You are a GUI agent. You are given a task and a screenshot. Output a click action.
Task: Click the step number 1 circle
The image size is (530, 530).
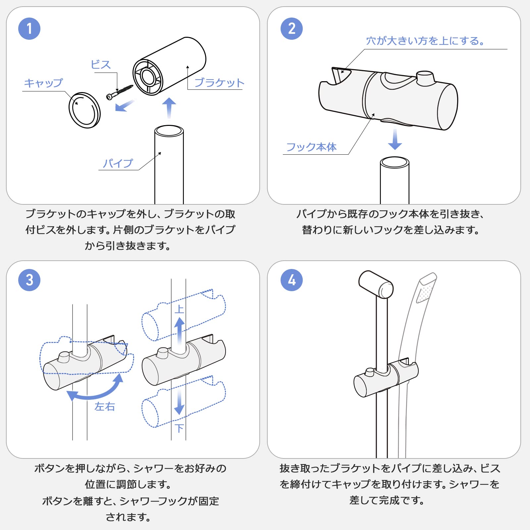29,29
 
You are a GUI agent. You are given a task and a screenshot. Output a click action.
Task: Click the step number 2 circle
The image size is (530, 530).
291,29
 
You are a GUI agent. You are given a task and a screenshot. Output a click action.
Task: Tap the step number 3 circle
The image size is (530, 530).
29,280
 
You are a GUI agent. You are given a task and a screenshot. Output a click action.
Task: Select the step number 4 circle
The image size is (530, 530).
291,280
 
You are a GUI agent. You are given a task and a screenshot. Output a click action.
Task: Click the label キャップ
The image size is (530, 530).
43,83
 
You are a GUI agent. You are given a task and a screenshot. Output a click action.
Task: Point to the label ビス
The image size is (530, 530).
101,65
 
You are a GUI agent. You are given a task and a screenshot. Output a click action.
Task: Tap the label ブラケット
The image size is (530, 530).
219,82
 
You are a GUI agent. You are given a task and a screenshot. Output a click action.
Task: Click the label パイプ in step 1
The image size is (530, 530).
118,163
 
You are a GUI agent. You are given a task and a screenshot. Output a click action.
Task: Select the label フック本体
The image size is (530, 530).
311,147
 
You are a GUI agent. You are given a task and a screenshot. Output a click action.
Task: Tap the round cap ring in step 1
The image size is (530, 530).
84,110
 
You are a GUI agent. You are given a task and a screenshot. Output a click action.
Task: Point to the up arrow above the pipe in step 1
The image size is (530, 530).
169,108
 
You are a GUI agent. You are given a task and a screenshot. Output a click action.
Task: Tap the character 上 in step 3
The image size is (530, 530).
179,309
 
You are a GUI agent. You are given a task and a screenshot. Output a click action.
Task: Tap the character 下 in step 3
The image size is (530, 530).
179,428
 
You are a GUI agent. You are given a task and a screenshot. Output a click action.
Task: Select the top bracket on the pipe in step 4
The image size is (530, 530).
376,284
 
